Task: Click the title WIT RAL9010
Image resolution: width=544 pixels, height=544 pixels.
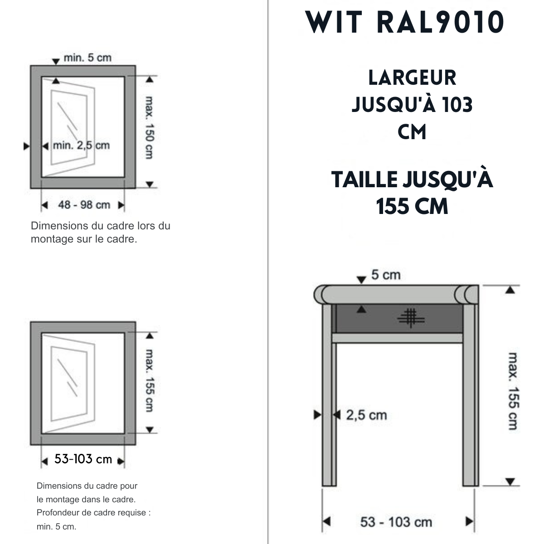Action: (x=405, y=22)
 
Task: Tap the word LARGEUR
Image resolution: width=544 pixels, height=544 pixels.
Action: (x=412, y=78)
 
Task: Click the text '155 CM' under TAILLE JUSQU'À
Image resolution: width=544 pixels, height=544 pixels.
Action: (x=412, y=207)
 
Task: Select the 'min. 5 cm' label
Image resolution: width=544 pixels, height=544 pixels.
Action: (x=87, y=58)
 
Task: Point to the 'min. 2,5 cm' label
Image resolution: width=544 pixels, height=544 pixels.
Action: (x=81, y=146)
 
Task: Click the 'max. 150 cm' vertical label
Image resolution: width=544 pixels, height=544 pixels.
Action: (x=148, y=127)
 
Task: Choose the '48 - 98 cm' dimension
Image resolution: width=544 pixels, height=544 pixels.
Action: (x=84, y=205)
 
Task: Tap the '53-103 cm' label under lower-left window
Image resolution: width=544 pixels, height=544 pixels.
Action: (x=83, y=459)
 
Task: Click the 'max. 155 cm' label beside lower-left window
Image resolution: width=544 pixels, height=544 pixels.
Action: (x=148, y=380)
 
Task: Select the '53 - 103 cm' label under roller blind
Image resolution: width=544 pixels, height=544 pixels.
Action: (x=396, y=522)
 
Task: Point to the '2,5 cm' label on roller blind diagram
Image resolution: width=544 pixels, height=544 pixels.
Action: (x=366, y=415)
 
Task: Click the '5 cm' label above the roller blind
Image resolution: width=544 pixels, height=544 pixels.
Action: (x=386, y=275)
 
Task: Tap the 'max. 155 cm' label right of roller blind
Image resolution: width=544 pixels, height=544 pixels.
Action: (x=513, y=391)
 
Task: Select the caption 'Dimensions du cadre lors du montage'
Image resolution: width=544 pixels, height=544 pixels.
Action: (x=100, y=232)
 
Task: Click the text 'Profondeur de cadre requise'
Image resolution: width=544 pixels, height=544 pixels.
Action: (x=93, y=513)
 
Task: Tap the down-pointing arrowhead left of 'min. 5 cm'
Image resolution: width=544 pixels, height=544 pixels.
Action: (x=56, y=61)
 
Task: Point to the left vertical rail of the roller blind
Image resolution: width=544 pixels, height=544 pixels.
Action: (x=329, y=394)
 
